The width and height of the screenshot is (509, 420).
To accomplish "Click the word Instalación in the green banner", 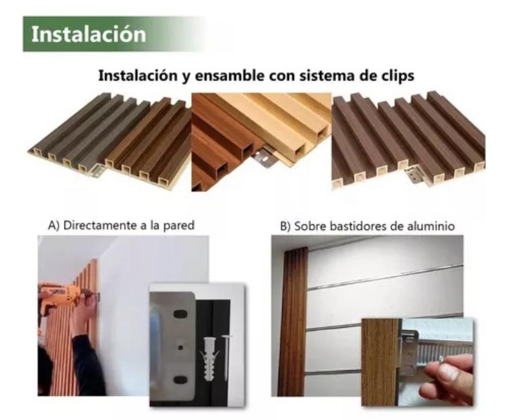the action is click(89, 34).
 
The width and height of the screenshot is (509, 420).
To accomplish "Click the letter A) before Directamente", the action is click(54, 225).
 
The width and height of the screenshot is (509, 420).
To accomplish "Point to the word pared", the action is click(178, 226).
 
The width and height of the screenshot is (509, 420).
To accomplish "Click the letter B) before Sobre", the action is click(285, 226).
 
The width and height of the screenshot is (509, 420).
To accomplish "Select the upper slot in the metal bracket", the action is click(180, 314).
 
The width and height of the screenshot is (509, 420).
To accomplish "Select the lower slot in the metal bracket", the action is click(180, 379).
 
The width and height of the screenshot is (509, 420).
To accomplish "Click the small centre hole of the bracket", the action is click(181, 347).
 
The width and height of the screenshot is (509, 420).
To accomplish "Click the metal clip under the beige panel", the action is click(265, 157).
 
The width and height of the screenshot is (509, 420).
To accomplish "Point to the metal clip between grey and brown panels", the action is click(99, 169).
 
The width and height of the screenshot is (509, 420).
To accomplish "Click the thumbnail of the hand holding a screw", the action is click(417, 362).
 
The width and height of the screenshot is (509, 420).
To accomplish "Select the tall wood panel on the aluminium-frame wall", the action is click(293, 322).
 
